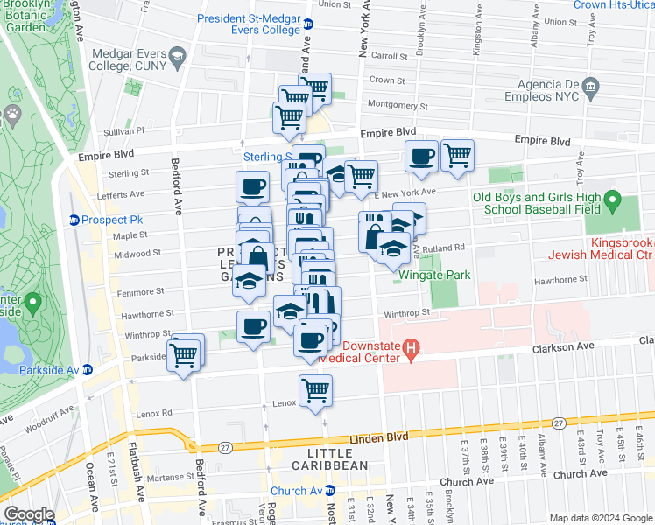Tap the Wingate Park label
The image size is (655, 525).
434,275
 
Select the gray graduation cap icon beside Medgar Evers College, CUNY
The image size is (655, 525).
178,58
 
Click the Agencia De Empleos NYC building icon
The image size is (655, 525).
591,86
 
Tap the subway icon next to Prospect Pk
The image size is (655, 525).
74,219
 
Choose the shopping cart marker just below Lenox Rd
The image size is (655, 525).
315,390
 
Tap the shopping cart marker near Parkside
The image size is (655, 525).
183,355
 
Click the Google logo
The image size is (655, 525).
29,514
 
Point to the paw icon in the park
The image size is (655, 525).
12,113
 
